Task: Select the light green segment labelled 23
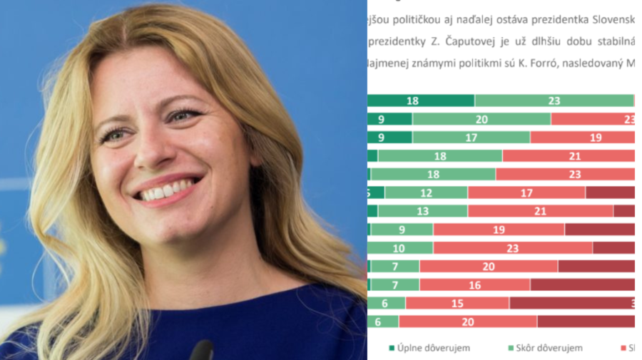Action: pos(554,101)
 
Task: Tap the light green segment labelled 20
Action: pos(481,119)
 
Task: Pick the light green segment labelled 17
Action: pos(471,137)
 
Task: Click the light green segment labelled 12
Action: pos(426,192)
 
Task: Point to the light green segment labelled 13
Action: pos(422,211)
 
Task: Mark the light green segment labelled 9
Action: pos(402,229)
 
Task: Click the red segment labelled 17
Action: pos(526,192)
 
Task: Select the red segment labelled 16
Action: pos(474,284)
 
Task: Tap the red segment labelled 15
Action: pos(457,303)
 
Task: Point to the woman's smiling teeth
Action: pos(165,191)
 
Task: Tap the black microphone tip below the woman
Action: pos(201,351)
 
